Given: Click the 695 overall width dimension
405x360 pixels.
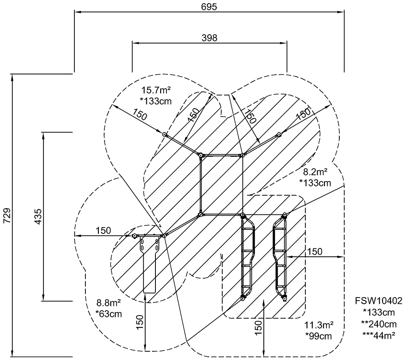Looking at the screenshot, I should [209, 7].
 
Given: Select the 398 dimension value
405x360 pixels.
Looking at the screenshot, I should [209, 38].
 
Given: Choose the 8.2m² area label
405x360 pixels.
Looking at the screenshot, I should [315, 172].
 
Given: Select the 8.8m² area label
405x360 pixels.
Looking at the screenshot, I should [108, 304].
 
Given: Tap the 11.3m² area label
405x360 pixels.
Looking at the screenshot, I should [319, 326].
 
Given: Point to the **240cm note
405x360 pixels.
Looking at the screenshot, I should [379, 324].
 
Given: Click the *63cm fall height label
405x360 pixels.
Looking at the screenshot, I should [108, 315].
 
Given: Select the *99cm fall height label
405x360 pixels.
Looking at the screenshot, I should [318, 336].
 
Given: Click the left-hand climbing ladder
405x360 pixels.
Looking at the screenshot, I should [248, 257].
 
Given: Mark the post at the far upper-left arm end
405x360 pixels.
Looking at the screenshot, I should [165, 135].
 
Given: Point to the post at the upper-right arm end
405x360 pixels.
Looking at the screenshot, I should [278, 135].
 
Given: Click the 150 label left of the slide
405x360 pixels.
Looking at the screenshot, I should [103, 230].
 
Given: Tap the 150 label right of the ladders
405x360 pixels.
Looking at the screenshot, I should [315, 252].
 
